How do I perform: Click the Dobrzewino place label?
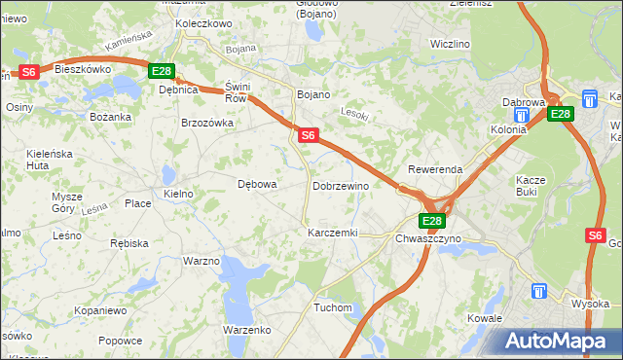340,185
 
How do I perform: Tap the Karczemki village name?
333,234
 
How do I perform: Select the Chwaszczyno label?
428,238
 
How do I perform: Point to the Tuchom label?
332,307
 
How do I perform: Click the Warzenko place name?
246,330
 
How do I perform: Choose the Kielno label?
179,195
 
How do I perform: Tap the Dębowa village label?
258,184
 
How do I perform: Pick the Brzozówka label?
207,123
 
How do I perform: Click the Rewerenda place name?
435,169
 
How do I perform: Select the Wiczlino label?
450,45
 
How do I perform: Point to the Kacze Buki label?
533,186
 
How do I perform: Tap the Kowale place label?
484,318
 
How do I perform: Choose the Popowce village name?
121,341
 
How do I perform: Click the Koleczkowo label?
203,23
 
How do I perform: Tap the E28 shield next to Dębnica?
162,71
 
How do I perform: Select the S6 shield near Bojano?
307,136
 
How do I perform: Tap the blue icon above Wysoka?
539,291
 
